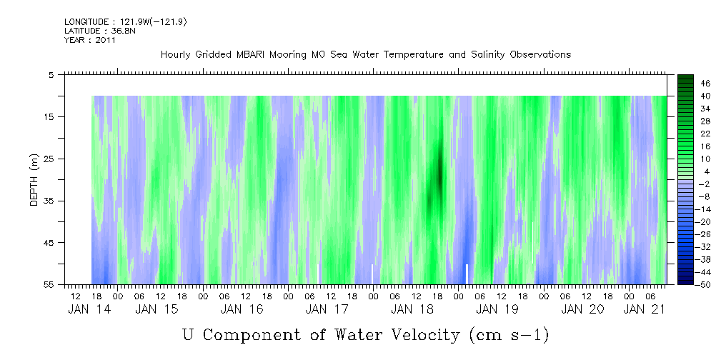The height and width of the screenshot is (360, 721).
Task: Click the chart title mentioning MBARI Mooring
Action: pyautogui.click(x=365, y=55)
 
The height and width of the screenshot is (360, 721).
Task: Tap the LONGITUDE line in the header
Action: pyautogui.click(x=126, y=22)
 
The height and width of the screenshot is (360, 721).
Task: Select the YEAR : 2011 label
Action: pyautogui.click(x=89, y=40)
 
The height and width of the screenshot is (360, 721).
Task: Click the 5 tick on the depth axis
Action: pyautogui.click(x=51, y=75)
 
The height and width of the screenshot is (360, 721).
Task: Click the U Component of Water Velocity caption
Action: pyautogui.click(x=365, y=334)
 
